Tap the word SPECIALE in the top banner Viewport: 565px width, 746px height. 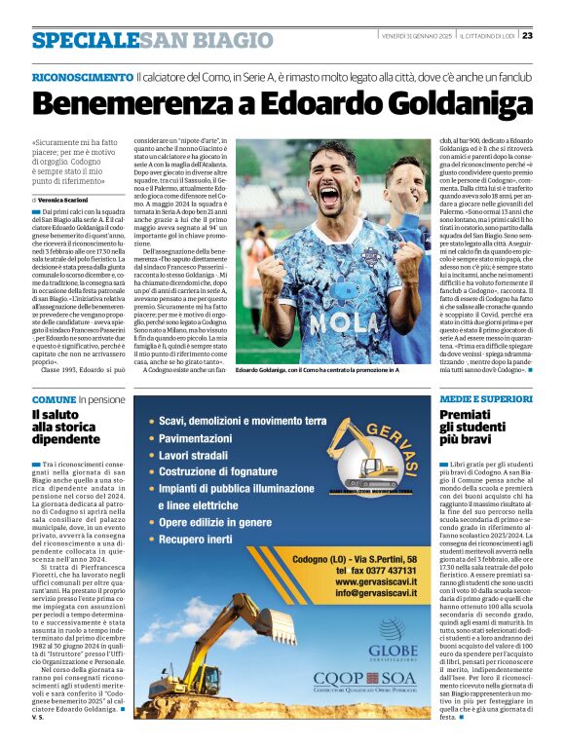pyautogui.click(x=84, y=40)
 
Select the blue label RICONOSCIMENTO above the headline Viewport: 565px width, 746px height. pyautogui.click(x=81, y=75)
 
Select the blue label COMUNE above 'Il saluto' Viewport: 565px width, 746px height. pyautogui.click(x=54, y=400)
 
